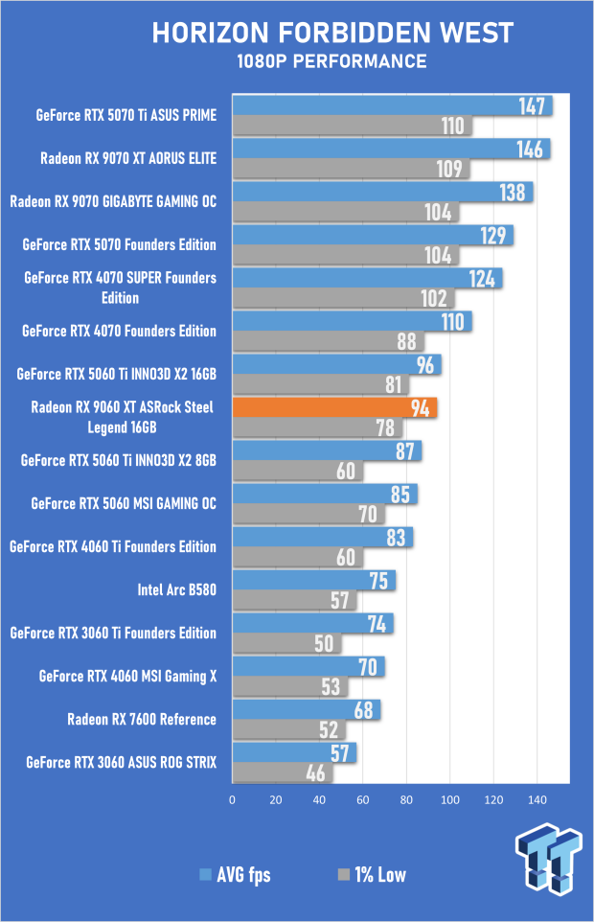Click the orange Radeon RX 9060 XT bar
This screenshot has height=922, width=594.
[334, 407]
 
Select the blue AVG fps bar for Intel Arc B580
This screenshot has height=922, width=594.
[313, 581]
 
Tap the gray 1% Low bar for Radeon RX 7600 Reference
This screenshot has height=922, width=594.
[288, 729]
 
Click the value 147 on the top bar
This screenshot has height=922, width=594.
[532, 106]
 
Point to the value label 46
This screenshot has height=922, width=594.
[315, 773]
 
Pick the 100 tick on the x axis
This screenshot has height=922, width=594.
[450, 799]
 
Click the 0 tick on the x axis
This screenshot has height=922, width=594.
[232, 799]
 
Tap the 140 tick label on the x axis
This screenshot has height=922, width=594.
[537, 799]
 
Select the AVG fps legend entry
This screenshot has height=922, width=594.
[235, 875]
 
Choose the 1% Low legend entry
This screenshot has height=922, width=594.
[372, 875]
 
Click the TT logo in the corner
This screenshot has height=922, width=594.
[549, 860]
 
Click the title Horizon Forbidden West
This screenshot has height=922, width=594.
[332, 33]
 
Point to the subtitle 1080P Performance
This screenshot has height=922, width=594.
[331, 61]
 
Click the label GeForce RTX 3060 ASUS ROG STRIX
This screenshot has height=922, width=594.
[121, 763]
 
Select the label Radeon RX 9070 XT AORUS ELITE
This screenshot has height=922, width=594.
[128, 158]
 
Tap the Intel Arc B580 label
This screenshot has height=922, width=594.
[177, 589]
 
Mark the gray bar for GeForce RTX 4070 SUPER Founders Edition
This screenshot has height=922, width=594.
[343, 298]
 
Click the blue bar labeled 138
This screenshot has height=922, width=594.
[382, 193]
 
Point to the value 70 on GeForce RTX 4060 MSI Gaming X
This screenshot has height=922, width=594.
[368, 667]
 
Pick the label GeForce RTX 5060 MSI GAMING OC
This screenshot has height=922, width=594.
[124, 503]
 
